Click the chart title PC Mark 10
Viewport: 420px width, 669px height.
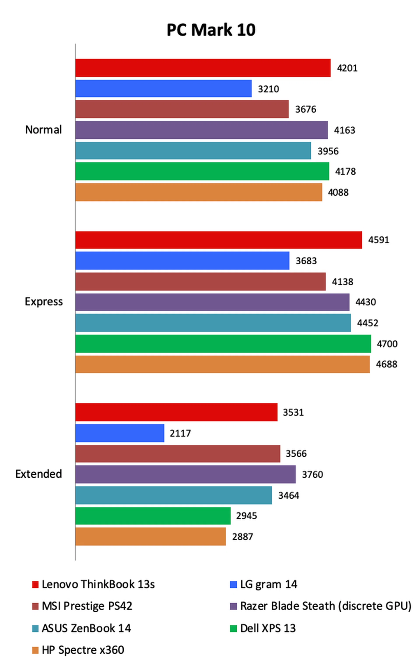[x=211, y=30]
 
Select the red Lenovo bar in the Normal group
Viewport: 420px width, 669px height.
[x=203, y=68]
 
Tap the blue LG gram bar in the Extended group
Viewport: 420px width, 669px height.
[x=120, y=433]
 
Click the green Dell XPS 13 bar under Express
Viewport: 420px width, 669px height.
[x=223, y=344]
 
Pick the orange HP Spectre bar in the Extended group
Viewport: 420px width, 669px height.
[x=150, y=536]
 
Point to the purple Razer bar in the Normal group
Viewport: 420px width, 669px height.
[x=201, y=130]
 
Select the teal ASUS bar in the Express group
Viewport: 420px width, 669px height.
[x=213, y=323]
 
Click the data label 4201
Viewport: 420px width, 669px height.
[x=347, y=68]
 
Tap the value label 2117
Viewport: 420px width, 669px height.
[x=180, y=433]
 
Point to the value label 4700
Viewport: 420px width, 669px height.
[x=387, y=344]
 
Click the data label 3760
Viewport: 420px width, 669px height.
[x=313, y=474]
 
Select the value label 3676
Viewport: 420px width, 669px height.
[x=306, y=109]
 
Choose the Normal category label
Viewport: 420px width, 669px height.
[x=43, y=130]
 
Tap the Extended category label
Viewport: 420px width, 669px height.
[x=39, y=474]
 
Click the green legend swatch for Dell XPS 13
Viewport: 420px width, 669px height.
[x=233, y=628]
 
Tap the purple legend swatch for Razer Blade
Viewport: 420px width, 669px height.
[x=233, y=606]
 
